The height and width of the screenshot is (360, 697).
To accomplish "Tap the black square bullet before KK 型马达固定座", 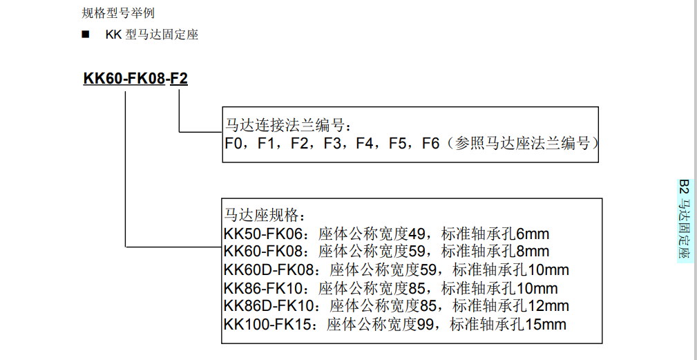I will coord(86,34).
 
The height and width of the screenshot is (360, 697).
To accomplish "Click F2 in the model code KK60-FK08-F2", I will coord(179,79).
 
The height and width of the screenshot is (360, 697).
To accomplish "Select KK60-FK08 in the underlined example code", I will coord(124,79).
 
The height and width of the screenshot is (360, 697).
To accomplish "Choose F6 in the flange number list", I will coord(431,144).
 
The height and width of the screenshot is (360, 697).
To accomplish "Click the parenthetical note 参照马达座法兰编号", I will coord(523,144).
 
